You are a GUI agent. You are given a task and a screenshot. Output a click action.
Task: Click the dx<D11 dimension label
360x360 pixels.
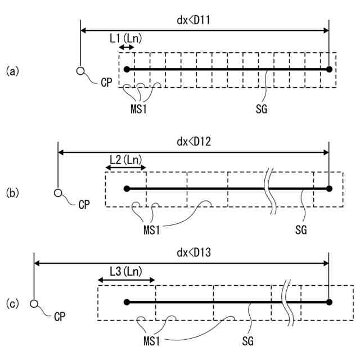tap(194, 20)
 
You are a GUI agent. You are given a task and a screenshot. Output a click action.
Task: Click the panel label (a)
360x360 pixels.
tap(12, 71)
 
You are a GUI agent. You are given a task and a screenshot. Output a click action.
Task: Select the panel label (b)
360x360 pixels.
tap(12, 193)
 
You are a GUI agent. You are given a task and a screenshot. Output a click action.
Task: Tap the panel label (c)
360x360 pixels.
tap(12, 304)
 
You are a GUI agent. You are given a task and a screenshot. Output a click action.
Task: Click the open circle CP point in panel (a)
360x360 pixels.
tap(80, 70)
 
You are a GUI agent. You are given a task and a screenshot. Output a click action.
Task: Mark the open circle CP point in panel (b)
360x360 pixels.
tap(58, 192)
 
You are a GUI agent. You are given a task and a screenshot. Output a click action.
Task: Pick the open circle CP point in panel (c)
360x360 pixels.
tap(34, 304)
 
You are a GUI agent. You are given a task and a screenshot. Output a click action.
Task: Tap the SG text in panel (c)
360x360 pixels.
tap(248, 340)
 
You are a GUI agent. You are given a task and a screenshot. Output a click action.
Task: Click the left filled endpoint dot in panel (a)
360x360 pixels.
tap(127, 69)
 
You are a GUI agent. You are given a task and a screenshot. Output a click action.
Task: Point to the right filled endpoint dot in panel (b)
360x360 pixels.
tap(329, 188)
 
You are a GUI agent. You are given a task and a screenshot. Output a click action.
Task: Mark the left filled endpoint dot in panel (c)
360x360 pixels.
tap(127, 302)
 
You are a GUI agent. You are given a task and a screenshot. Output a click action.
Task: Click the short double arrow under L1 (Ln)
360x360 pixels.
tap(127, 48)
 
